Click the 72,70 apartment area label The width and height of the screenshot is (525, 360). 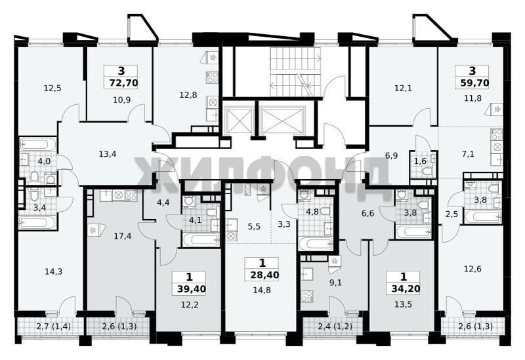click(123, 83)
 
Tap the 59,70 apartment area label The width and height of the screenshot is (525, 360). click(474, 83)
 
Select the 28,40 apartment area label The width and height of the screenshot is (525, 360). click(264, 275)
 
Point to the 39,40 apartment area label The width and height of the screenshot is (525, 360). click(192, 289)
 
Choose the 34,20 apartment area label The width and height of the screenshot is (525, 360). click(406, 289)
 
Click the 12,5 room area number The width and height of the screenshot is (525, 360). click(52, 89)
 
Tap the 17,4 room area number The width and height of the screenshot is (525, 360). click(123, 237)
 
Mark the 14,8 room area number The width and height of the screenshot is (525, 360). click(262, 290)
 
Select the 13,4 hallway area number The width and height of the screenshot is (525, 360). click(108, 154)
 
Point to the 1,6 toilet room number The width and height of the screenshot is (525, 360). click(420, 161)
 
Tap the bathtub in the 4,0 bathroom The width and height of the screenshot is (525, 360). click(38, 144)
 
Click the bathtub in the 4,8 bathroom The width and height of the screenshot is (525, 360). click(316, 243)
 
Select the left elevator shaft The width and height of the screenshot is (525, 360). click(239, 121)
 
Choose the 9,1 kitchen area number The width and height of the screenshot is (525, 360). click(335, 283)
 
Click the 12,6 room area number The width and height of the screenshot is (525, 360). click(472, 269)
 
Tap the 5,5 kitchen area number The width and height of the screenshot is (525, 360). click(254, 227)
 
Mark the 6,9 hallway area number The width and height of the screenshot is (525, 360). click(391, 155)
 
